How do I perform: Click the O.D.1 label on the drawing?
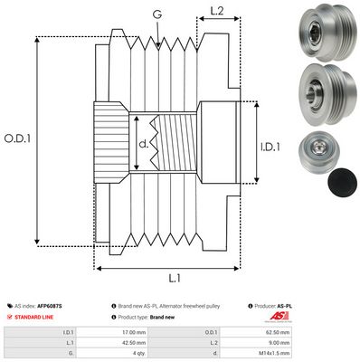(x=18, y=138)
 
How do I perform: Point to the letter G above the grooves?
(x=158, y=14)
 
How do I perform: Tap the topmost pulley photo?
(x=323, y=33)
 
